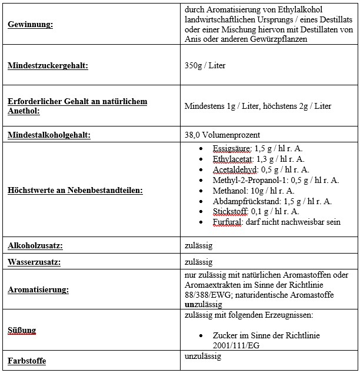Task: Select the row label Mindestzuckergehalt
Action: [x=48, y=66]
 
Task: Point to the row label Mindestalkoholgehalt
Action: [x=49, y=135]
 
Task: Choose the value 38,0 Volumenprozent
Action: [x=222, y=135]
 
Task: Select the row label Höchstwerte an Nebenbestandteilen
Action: [x=75, y=191]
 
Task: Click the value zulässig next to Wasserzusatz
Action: [x=198, y=261]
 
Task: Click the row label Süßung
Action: [x=22, y=331]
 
